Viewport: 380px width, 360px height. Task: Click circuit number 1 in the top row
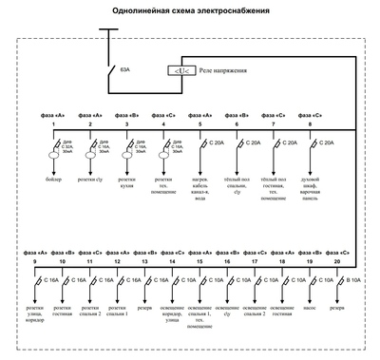pyautogui.click(x=53, y=124)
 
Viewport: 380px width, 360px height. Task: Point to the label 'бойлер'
pyautogui.click(x=53, y=179)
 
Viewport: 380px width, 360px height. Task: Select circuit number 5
pyautogui.click(x=199, y=124)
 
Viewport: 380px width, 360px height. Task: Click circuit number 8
pyautogui.click(x=310, y=124)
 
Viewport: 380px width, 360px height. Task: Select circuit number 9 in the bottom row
pyautogui.click(x=34, y=260)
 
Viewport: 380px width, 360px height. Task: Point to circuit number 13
pyautogui.click(x=144, y=260)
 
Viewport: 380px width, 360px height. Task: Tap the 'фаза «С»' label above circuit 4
pyautogui.click(x=162, y=115)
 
